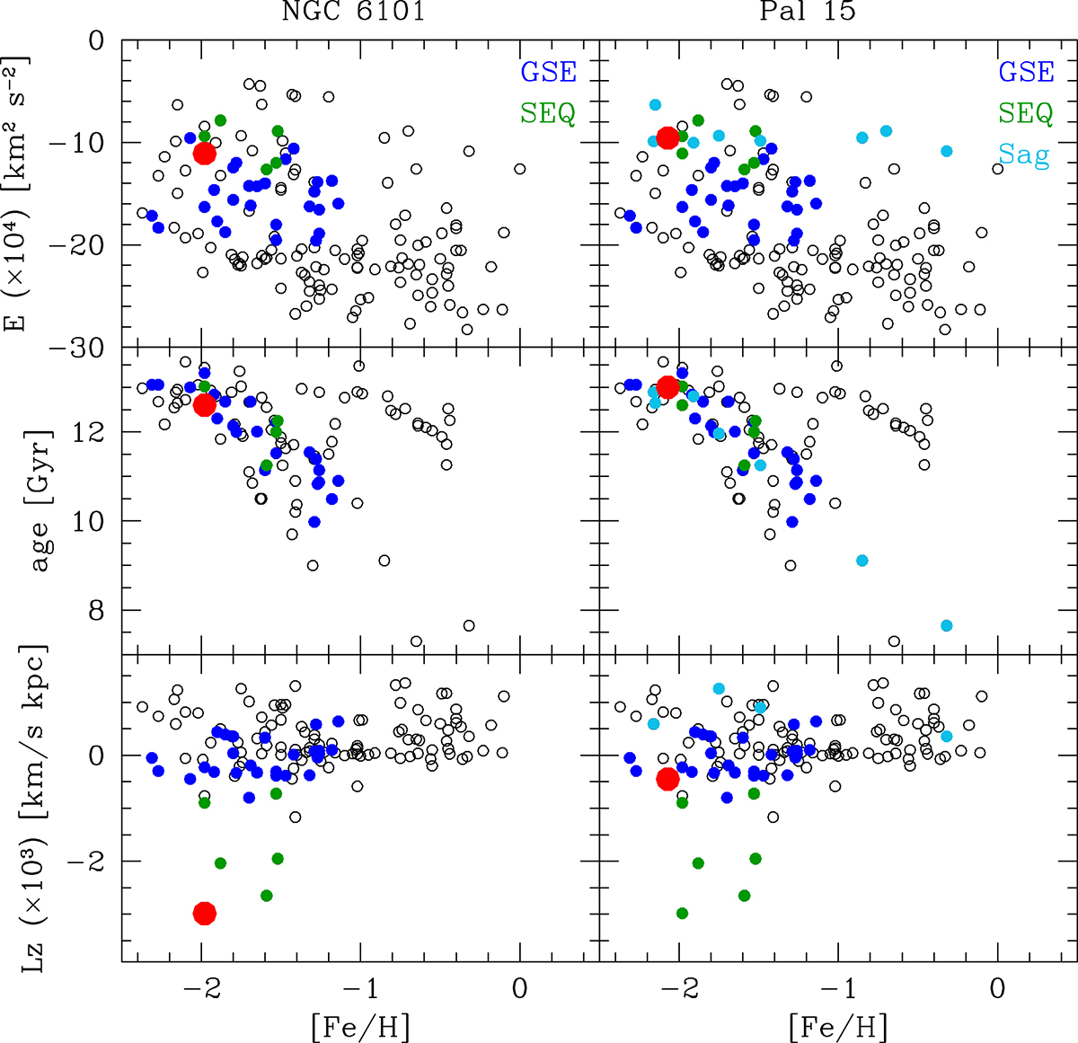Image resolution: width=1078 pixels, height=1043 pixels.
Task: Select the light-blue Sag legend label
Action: tap(1024, 155)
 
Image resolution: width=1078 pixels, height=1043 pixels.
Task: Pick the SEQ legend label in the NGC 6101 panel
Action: tap(547, 113)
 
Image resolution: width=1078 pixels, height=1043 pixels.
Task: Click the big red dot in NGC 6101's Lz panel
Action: tap(205, 913)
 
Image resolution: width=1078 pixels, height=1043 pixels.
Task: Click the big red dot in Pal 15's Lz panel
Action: tap(667, 778)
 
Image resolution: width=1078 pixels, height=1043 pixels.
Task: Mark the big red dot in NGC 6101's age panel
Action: tap(205, 404)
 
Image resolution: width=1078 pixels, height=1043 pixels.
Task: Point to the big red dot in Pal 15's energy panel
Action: tap(667, 137)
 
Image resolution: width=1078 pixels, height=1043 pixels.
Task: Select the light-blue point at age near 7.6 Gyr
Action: tap(946, 625)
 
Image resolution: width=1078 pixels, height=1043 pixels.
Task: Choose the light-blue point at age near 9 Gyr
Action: tap(862, 561)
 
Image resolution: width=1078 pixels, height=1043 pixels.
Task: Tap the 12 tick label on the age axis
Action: tap(94, 432)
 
